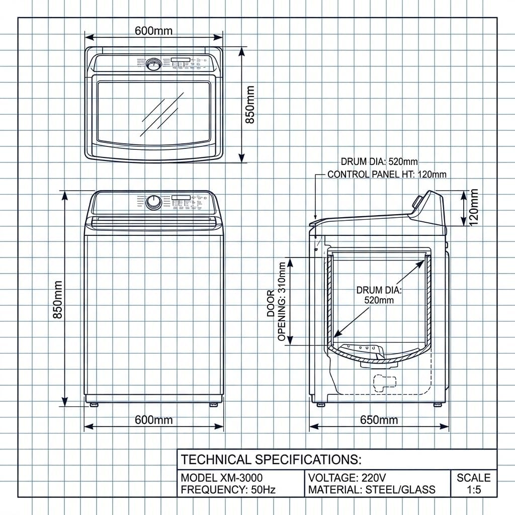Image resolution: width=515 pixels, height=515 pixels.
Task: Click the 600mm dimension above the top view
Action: click(x=153, y=31)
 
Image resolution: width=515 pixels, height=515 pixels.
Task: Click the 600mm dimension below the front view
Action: click(x=153, y=419)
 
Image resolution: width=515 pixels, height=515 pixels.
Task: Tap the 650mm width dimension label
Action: click(x=379, y=419)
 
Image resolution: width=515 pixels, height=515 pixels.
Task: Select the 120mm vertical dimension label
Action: click(x=474, y=207)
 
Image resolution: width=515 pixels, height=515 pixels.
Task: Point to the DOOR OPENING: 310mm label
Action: click(x=277, y=302)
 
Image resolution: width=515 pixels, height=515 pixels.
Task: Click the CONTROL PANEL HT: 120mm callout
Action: click(x=387, y=175)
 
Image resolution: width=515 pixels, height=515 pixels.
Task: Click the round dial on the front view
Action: click(x=153, y=203)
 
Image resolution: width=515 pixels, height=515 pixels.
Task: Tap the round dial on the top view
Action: click(x=153, y=64)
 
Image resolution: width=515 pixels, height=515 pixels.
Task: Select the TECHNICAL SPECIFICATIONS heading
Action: click(x=271, y=459)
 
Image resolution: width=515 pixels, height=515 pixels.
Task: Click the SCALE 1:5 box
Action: click(x=473, y=483)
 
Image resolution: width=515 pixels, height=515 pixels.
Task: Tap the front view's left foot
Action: click(x=94, y=403)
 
